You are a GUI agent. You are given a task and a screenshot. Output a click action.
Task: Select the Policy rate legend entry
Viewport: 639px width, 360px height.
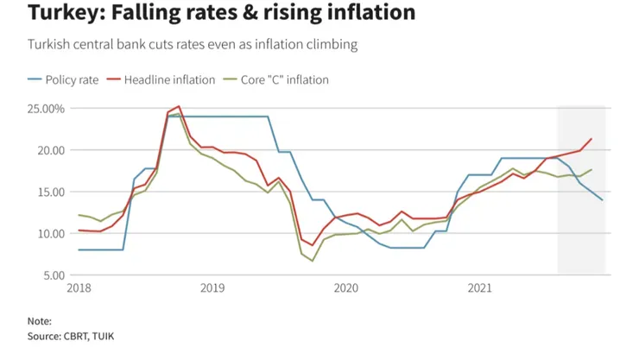(70, 80)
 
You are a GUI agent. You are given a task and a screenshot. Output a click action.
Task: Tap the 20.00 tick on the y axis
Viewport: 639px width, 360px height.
(50, 150)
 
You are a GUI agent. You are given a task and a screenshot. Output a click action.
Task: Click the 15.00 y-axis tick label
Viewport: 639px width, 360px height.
(50, 192)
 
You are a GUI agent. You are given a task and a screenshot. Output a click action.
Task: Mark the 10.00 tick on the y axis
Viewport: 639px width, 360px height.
(50, 233)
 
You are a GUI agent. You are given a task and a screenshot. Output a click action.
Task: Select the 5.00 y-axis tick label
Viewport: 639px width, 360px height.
(53, 275)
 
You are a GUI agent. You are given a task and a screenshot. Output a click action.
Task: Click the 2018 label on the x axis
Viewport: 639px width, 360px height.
(79, 287)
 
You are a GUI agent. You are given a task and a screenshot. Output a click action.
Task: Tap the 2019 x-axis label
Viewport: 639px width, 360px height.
(212, 287)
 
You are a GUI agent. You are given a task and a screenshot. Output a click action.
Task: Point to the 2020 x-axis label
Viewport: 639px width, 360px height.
(345, 287)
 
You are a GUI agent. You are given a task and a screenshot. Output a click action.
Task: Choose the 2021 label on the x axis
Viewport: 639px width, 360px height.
(479, 287)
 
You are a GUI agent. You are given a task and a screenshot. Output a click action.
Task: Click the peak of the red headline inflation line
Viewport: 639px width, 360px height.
(179, 106)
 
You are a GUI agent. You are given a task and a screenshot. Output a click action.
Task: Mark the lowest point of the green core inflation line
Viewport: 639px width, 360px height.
(313, 261)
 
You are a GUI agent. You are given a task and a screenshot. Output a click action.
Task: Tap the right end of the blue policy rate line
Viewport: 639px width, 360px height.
(602, 200)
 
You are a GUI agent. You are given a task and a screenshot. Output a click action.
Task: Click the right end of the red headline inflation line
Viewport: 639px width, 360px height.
(592, 139)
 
